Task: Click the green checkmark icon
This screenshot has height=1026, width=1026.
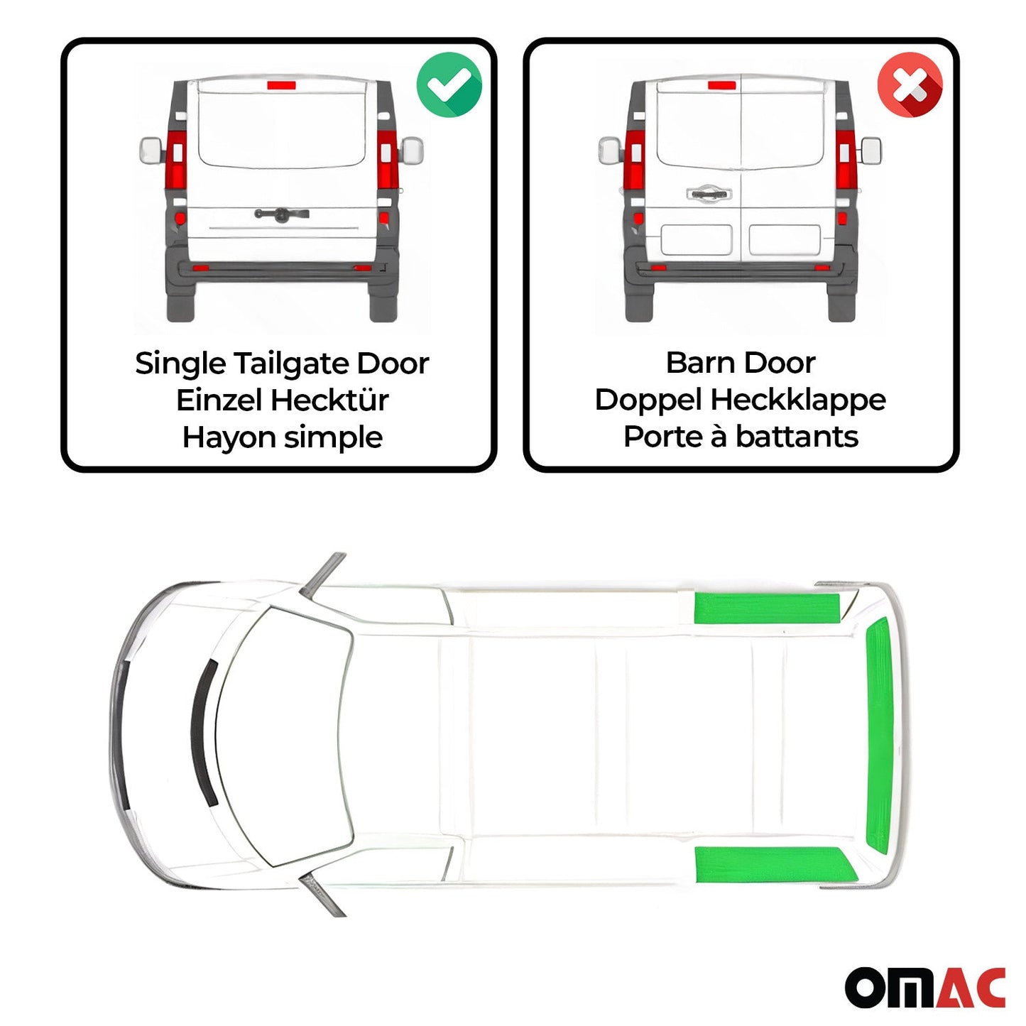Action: [x=449, y=84]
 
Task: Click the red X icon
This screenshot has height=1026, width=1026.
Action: [x=910, y=85]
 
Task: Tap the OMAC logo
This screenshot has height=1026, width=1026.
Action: [x=924, y=986]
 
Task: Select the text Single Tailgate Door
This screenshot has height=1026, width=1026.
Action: [x=282, y=364]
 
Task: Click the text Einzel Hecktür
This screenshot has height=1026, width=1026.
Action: [x=282, y=400]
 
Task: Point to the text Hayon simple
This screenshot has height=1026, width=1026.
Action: [x=282, y=437]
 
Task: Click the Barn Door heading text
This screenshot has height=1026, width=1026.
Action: [x=740, y=363]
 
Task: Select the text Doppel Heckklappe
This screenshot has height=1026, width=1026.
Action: [x=740, y=400]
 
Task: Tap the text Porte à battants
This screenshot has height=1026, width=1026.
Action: [x=740, y=437]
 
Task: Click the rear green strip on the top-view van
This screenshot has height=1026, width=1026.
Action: [x=878, y=735]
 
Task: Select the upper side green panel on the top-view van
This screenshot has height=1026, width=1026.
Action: [x=767, y=608]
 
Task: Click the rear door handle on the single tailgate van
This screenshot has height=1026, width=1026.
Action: [x=282, y=214]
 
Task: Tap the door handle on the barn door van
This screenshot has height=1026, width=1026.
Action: [x=708, y=193]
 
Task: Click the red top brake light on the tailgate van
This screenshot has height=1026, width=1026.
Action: [x=281, y=85]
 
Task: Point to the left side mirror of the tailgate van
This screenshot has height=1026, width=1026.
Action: [x=151, y=151]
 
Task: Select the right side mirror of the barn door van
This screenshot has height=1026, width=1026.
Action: [x=871, y=151]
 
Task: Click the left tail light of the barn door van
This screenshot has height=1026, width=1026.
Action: [x=634, y=160]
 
